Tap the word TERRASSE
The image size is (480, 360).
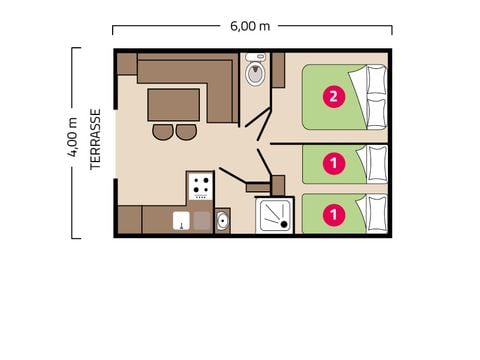(96, 140)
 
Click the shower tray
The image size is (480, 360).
(273, 213)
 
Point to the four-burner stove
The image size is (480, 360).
(200, 186)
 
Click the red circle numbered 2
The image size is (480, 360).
(330, 97)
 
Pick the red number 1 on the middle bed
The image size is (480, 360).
(330, 161)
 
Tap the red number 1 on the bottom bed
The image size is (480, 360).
(330, 213)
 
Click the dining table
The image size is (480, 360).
(174, 104)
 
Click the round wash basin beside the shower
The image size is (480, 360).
(222, 220)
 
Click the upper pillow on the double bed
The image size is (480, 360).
(375, 81)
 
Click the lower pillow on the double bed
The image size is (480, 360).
(375, 112)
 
